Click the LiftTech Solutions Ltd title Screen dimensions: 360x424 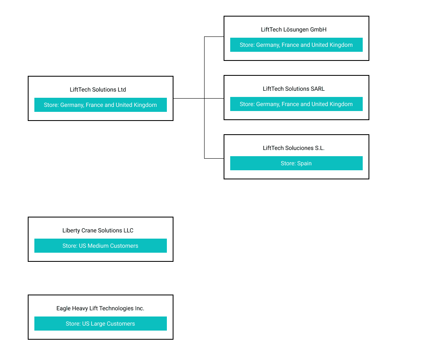point(98,89)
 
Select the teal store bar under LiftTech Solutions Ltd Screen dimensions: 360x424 point(100,105)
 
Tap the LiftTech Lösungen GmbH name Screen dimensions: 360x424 point(294,29)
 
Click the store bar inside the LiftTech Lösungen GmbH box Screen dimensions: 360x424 point(296,45)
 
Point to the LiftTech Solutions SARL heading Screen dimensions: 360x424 point(294,89)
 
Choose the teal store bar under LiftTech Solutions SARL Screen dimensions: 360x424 point(296,104)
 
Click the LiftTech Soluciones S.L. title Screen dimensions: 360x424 point(294,148)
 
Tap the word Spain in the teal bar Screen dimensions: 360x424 point(304,163)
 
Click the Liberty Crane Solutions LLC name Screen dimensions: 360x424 point(98,230)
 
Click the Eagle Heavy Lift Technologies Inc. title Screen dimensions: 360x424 point(100,308)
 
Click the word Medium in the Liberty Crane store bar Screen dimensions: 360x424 point(98,246)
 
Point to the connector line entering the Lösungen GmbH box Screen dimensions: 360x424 point(214,37)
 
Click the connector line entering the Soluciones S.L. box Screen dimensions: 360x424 point(214,158)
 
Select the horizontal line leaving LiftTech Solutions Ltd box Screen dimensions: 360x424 point(188,98)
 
